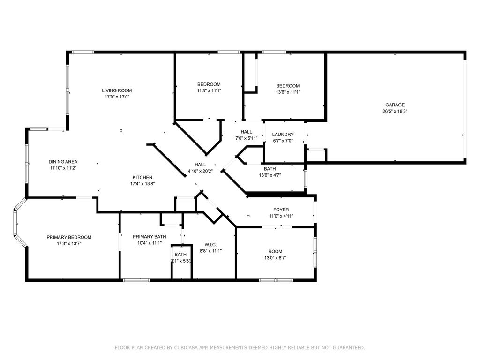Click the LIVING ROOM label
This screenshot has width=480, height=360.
point(117,90)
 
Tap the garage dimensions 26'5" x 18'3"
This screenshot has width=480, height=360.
point(395,112)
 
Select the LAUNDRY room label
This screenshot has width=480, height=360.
point(283,135)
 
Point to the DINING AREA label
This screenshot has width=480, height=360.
point(63,162)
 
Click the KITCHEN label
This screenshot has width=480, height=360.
point(142,177)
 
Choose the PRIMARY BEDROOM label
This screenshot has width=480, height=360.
point(69,237)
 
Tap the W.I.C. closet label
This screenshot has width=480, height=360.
point(210,244)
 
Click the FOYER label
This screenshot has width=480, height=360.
point(281,210)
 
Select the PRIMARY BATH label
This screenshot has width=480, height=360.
point(150,237)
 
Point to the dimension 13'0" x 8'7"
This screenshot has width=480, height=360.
point(275,258)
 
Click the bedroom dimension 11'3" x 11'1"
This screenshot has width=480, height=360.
point(209,91)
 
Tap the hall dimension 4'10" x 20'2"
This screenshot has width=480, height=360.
point(200,171)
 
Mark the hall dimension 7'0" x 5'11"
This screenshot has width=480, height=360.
point(246,138)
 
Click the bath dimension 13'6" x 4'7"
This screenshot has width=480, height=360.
point(270,175)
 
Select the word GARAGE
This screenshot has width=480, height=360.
point(395,105)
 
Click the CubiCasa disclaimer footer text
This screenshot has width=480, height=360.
point(240,347)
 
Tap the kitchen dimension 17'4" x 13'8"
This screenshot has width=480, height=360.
point(142,184)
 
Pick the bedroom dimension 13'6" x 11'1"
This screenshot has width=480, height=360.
point(287,92)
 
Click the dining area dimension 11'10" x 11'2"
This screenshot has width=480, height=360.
point(63,168)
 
